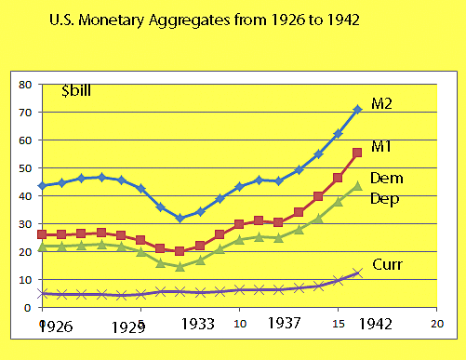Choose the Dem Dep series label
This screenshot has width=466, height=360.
click(x=386, y=188)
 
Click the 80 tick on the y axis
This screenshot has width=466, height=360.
click(x=26, y=85)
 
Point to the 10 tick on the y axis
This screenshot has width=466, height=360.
click(x=26, y=279)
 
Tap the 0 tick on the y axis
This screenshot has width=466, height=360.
click(x=29, y=307)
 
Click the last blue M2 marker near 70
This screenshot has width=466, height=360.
click(x=358, y=110)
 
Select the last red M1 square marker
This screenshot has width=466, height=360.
click(x=358, y=153)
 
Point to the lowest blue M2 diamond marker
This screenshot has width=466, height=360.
click(x=180, y=219)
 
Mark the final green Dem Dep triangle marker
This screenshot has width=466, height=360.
click(x=358, y=186)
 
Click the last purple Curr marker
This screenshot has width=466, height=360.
click(x=358, y=273)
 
